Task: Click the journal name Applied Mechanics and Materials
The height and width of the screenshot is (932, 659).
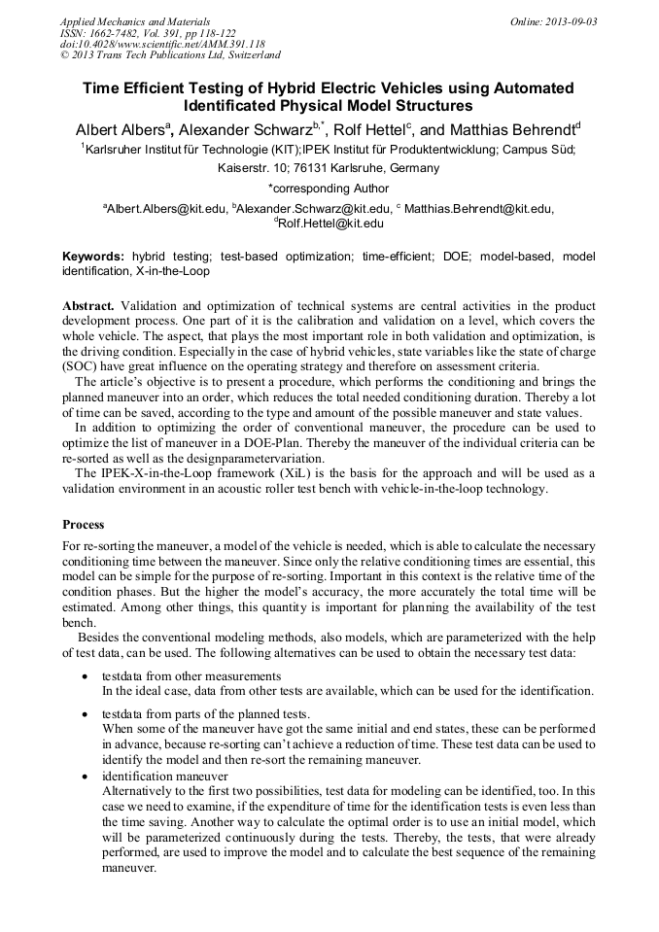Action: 134,20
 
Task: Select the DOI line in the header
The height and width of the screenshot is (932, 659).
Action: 162,44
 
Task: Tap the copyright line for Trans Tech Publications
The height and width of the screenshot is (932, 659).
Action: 170,55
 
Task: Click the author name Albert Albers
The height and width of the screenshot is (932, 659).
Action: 121,129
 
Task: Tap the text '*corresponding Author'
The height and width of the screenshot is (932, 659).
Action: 328,188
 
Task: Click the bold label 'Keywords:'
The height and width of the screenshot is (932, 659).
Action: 93,257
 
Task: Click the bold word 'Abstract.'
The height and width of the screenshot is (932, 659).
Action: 89,305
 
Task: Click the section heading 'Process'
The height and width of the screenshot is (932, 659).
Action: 83,524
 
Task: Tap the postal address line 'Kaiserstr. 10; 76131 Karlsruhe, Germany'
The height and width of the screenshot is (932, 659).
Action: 328,167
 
